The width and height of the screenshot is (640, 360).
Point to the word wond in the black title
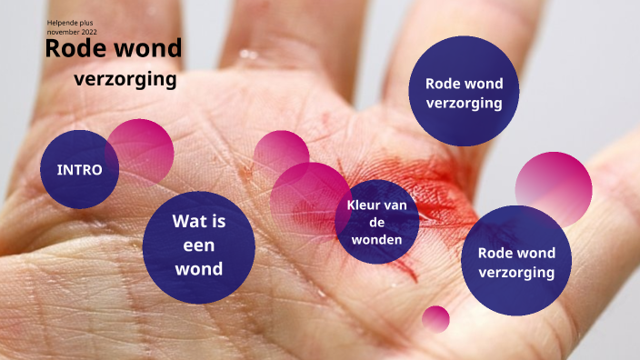click(148, 48)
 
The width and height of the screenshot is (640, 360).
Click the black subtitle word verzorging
click(125, 79)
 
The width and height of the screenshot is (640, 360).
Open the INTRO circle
click(78, 169)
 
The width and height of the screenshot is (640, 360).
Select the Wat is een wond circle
click(199, 245)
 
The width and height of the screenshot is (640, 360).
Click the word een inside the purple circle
click(199, 245)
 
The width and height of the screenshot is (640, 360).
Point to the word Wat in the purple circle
click(199, 220)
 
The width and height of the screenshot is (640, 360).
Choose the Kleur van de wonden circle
click(382, 222)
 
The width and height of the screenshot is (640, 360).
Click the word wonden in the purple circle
click(382, 239)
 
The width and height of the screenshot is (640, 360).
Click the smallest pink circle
click(436, 318)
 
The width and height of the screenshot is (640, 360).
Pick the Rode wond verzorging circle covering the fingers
click(464, 92)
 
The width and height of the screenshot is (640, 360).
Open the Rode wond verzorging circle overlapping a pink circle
click(516, 261)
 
